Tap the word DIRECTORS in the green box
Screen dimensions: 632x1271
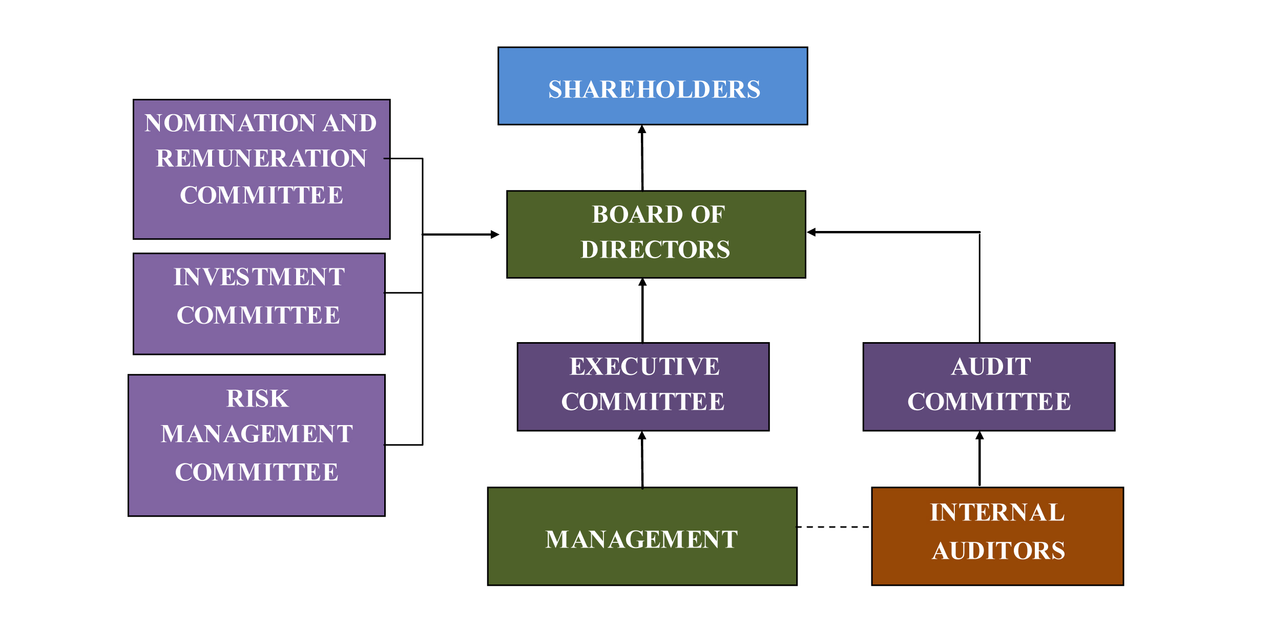(x=655, y=250)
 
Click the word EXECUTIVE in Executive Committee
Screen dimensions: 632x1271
(x=644, y=367)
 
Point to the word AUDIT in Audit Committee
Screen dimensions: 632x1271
(x=991, y=367)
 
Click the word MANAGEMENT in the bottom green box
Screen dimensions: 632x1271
(x=641, y=539)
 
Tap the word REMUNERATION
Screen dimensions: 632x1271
(x=261, y=158)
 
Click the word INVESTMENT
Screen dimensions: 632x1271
(x=259, y=277)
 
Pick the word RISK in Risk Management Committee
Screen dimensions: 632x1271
(x=258, y=399)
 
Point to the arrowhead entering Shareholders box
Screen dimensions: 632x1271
(x=642, y=130)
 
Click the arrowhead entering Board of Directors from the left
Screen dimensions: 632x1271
(x=494, y=235)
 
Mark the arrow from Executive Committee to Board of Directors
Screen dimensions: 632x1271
(x=642, y=312)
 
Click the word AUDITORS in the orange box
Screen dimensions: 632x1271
(x=998, y=551)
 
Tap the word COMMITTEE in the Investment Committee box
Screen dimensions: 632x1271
(x=258, y=315)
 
